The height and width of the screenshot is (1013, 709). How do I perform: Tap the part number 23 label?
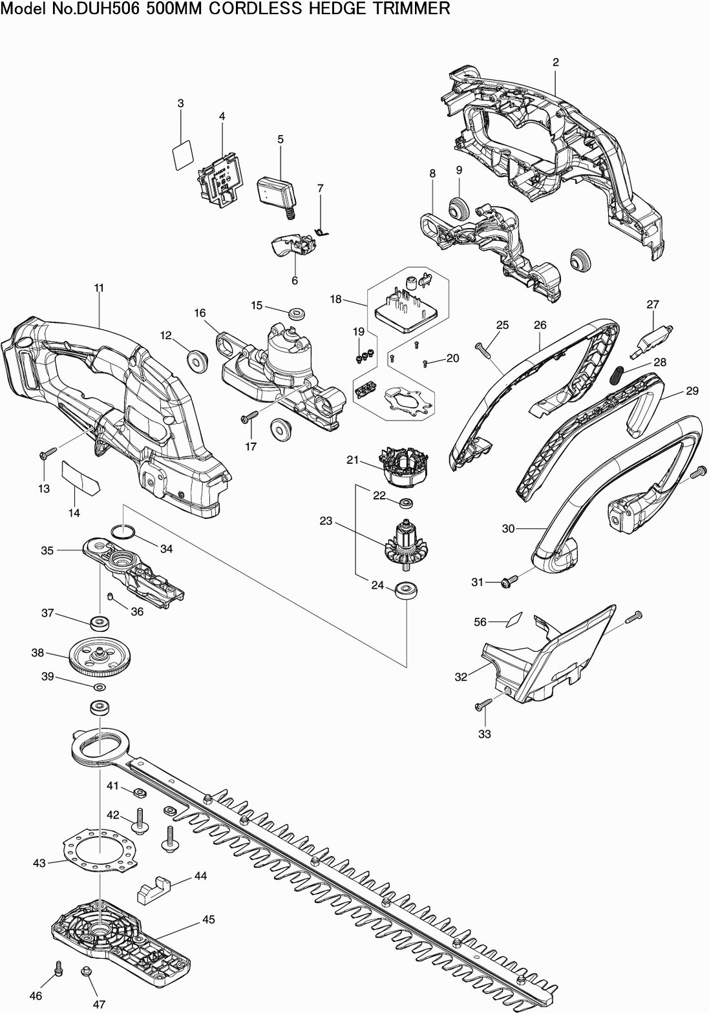326,521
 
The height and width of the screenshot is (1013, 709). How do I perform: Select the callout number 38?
37,653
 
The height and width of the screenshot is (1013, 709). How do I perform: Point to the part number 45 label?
208,919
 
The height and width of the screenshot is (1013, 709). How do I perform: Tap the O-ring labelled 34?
123,532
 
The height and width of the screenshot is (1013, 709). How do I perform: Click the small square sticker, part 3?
182,156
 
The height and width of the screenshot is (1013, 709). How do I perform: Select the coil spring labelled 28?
618,374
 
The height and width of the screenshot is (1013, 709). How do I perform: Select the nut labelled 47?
85,972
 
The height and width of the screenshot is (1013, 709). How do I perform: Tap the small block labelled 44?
153,890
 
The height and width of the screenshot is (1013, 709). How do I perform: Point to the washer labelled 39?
99,685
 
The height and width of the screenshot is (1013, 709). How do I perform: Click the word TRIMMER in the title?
416,8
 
